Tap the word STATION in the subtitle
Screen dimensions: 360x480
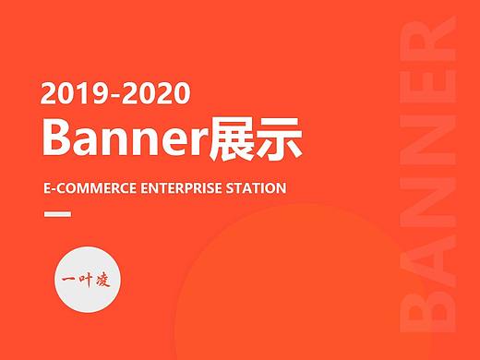pyautogui.click(x=255, y=188)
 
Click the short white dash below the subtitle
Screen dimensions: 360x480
pyautogui.click(x=57, y=215)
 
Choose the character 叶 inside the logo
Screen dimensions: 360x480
pyautogui.click(x=84, y=282)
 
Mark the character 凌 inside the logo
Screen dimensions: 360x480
pyautogui.click(x=102, y=281)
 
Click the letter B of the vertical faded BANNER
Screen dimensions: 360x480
pyautogui.click(x=431, y=305)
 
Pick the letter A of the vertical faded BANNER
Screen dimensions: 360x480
pyautogui.click(x=431, y=254)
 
